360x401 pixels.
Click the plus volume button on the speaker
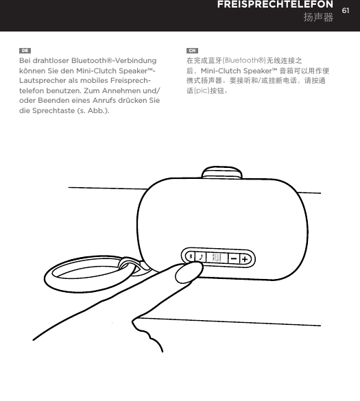245,258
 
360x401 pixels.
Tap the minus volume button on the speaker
235,258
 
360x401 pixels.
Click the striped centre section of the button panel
217,258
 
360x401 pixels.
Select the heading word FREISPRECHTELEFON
276,5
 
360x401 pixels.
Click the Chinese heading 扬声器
318,16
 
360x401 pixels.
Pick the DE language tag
24,51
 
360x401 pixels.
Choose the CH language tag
193,51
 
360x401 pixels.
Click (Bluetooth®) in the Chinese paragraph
245,61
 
